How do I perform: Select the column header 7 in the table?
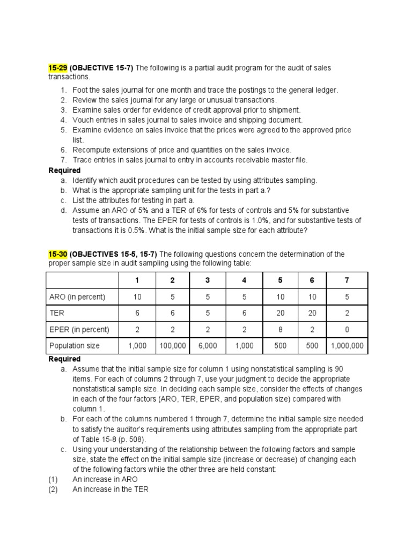[347, 280]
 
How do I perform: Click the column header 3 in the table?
[208, 280]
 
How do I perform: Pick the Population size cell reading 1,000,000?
[347, 346]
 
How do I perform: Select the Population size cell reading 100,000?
[173, 346]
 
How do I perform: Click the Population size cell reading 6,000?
[208, 346]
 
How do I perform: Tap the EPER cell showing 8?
[280, 330]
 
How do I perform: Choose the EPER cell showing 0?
[347, 330]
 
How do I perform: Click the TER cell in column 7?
[347, 313]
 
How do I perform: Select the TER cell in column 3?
[208, 313]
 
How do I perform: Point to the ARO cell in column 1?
[137, 297]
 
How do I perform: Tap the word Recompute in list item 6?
[90, 150]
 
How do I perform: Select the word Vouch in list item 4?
[83, 120]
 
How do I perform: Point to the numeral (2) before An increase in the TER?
[53, 489]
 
